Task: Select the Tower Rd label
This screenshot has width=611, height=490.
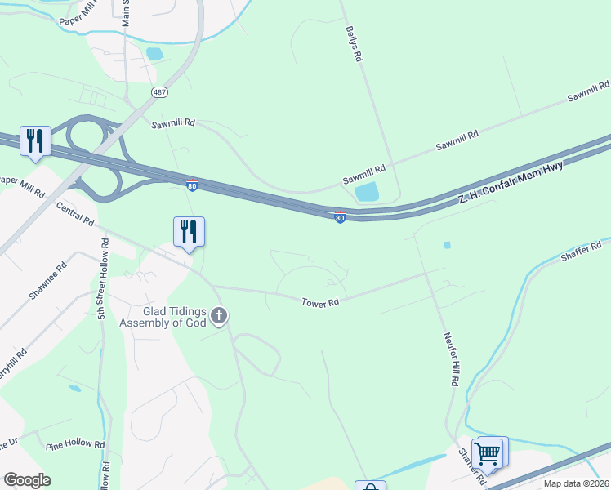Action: point(320,302)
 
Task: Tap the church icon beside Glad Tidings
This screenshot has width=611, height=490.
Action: point(218,314)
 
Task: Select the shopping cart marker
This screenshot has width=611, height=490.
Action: point(488,452)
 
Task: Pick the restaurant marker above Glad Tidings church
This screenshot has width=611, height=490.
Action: point(189,231)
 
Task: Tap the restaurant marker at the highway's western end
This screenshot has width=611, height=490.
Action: point(35,140)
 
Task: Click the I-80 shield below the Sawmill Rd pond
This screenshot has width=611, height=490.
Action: point(340,217)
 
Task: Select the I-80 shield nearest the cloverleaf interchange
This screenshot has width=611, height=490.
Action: point(191,185)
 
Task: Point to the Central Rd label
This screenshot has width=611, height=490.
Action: point(75,216)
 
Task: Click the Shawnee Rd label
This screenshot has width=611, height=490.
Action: point(42,282)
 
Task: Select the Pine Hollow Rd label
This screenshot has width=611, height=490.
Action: point(75,446)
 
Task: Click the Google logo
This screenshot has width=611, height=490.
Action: point(27,480)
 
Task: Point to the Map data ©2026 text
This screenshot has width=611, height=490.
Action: point(574,483)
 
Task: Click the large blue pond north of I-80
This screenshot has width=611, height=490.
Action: point(367,193)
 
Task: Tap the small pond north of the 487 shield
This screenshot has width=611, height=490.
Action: point(154,55)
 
